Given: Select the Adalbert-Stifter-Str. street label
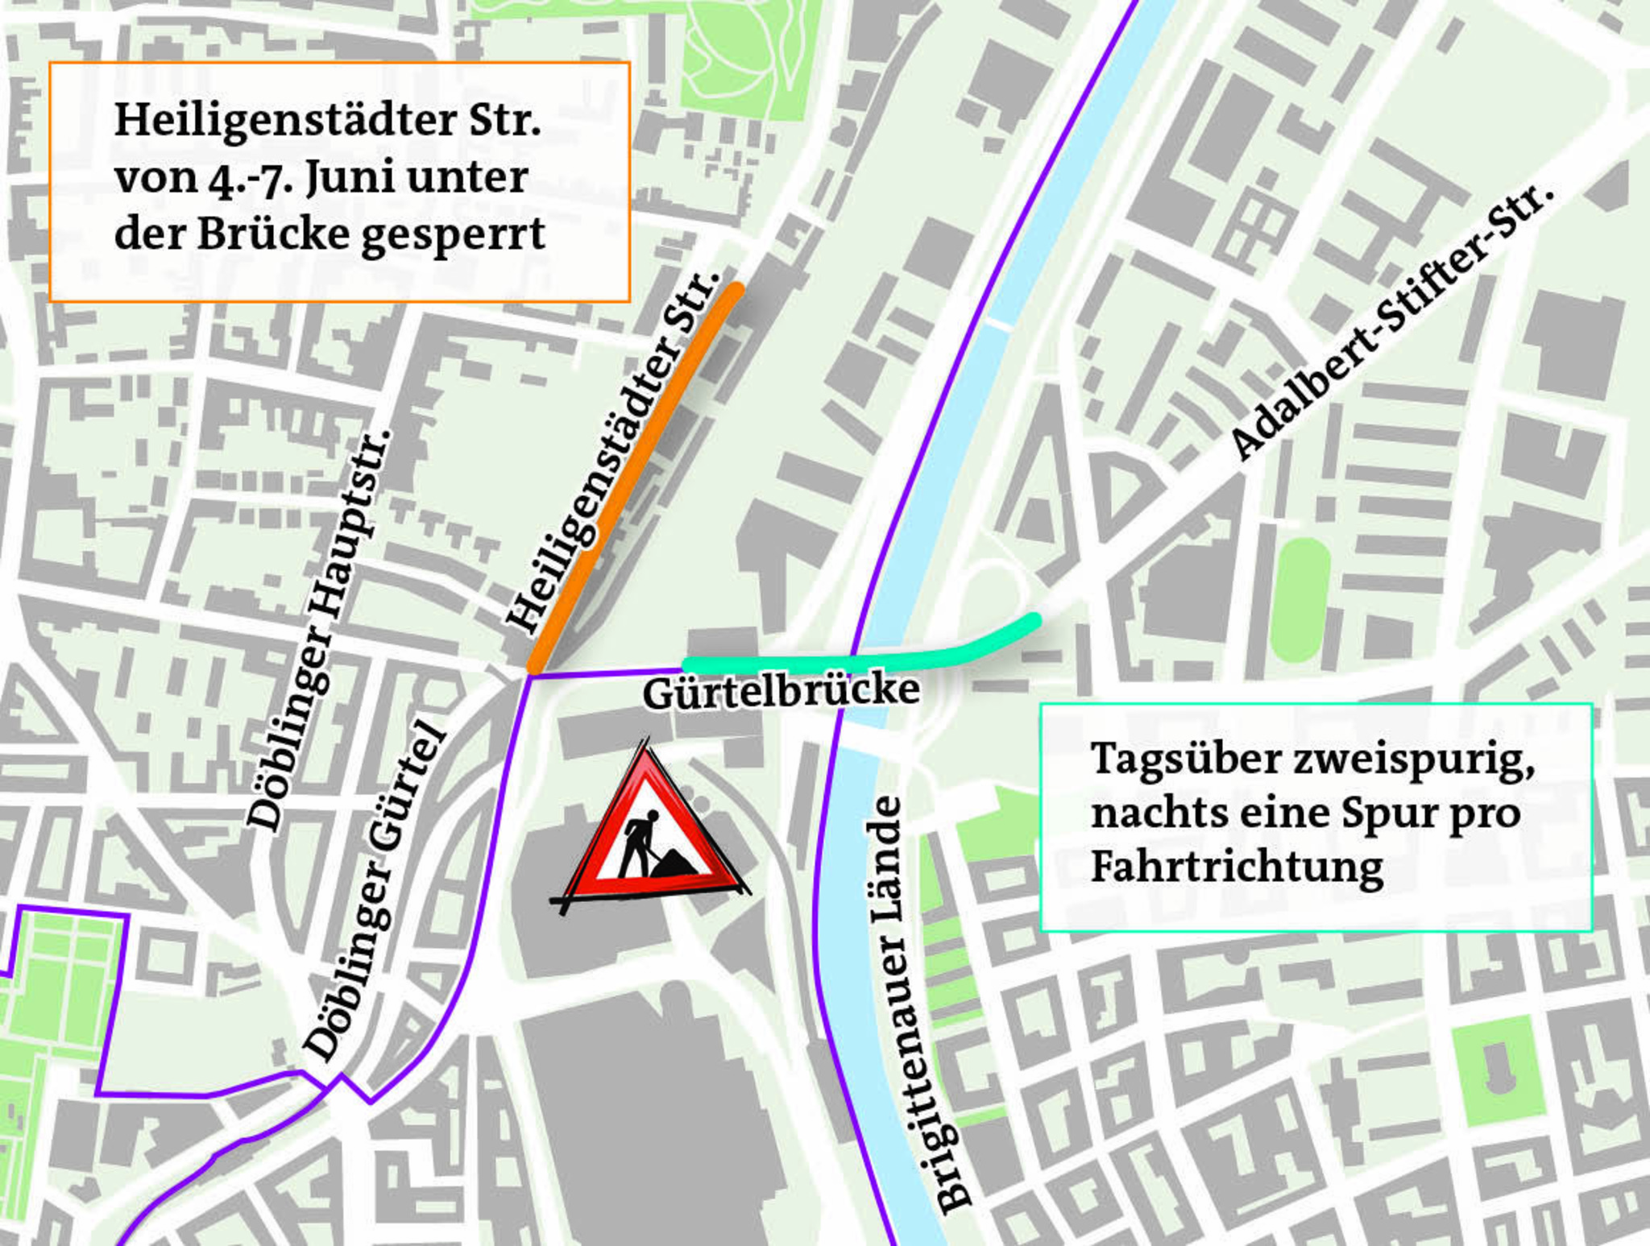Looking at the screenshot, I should (1390, 322).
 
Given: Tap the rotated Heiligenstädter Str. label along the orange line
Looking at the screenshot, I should (612, 451).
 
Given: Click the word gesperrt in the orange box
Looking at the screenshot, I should (453, 235).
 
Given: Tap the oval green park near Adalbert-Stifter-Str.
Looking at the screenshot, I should (1300, 599).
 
